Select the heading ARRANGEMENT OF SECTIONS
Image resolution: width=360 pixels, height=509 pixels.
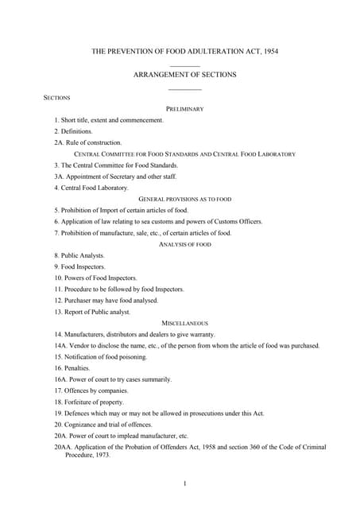pyautogui.click(x=185, y=75)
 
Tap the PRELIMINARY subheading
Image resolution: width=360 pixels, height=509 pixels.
pyautogui.click(x=185, y=108)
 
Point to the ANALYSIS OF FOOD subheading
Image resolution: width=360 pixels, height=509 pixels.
pyautogui.click(x=185, y=245)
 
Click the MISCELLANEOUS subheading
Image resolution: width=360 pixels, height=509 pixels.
pyautogui.click(x=185, y=324)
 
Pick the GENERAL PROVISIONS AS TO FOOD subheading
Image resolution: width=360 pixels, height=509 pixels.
pyautogui.click(x=185, y=199)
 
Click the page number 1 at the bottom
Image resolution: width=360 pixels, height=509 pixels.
pyautogui.click(x=184, y=483)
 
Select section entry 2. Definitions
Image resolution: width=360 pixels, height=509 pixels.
pyautogui.click(x=73, y=130)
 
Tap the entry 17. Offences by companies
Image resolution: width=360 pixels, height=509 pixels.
pyautogui.click(x=91, y=390)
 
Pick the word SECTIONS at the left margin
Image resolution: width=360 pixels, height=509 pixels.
pyautogui.click(x=56, y=98)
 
